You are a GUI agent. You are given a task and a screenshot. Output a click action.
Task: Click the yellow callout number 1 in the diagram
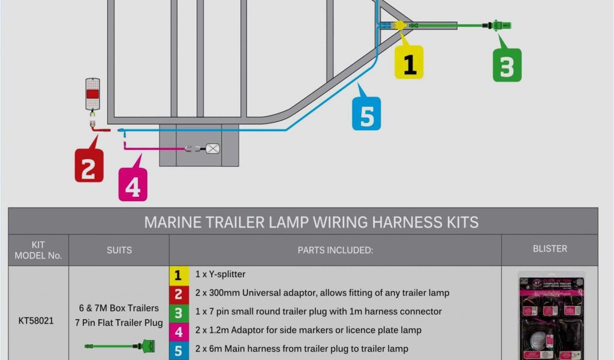tap(409, 62)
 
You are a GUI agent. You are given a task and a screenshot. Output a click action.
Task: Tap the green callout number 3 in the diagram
tap(507, 65)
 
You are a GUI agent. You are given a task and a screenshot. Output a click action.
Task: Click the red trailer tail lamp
tap(92, 94)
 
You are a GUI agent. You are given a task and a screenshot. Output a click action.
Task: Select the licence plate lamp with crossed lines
tap(213, 148)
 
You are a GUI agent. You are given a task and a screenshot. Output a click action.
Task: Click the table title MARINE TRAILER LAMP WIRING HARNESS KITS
tap(311, 222)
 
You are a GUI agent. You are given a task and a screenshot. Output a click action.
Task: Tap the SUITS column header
tap(119, 250)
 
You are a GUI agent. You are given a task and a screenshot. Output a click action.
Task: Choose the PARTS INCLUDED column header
tap(335, 250)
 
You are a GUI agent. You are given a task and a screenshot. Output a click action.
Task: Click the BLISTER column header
tap(549, 248)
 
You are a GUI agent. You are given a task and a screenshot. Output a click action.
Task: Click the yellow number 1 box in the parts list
tap(177, 275)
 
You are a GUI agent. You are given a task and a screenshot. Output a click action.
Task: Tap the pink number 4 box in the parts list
tap(177, 331)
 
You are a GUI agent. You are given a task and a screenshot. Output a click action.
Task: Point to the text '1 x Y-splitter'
tap(220, 274)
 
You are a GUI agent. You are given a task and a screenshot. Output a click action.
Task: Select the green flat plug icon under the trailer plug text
tap(121, 346)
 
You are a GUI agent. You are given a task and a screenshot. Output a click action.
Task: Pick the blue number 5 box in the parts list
tap(177, 350)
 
